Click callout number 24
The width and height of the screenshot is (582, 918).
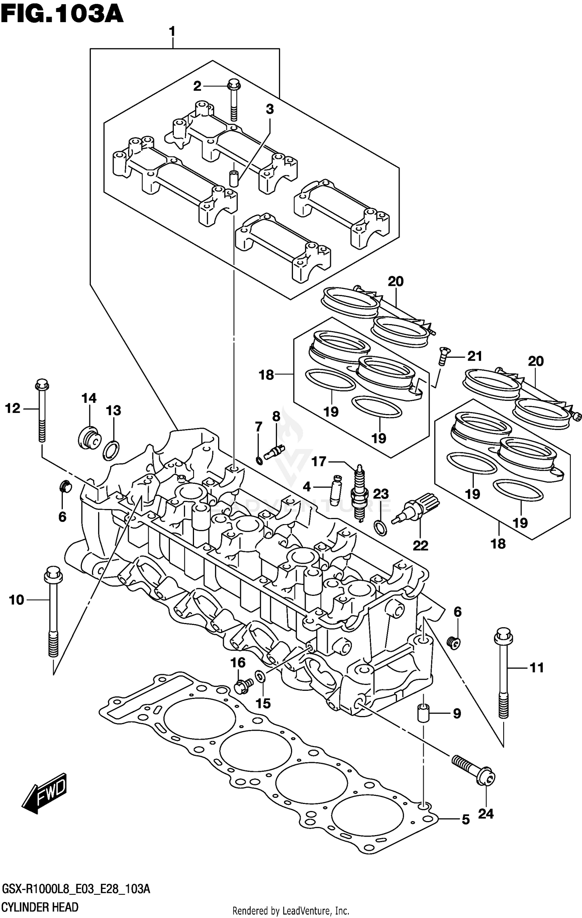click(x=485, y=813)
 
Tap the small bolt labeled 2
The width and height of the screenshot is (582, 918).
click(x=234, y=99)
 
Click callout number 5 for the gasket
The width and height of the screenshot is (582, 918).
click(x=466, y=819)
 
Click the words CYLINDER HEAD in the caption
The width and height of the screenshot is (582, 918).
click(x=40, y=907)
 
